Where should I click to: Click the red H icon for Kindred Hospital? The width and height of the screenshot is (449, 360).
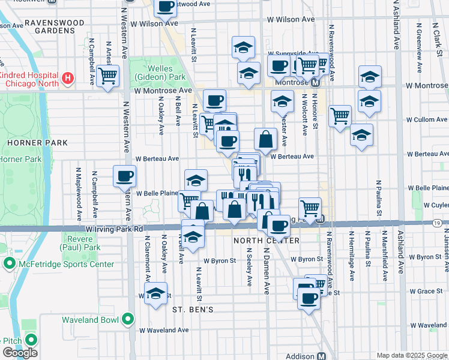tap(68, 78)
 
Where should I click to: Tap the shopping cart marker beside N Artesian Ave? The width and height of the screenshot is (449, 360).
tap(108, 76)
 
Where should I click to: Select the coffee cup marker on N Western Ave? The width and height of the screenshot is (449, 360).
tap(124, 176)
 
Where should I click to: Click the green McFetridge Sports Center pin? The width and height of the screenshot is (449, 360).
tap(10, 264)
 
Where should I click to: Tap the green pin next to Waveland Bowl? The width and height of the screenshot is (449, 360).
tap(127, 319)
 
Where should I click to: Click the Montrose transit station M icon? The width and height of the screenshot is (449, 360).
tap(315, 82)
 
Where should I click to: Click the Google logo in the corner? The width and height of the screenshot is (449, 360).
tap(20, 353)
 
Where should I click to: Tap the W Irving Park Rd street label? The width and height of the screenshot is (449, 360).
tap(114, 229)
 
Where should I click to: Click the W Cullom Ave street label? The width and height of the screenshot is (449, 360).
tap(427, 120)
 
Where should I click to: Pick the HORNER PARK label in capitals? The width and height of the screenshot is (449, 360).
tap(37, 143)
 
